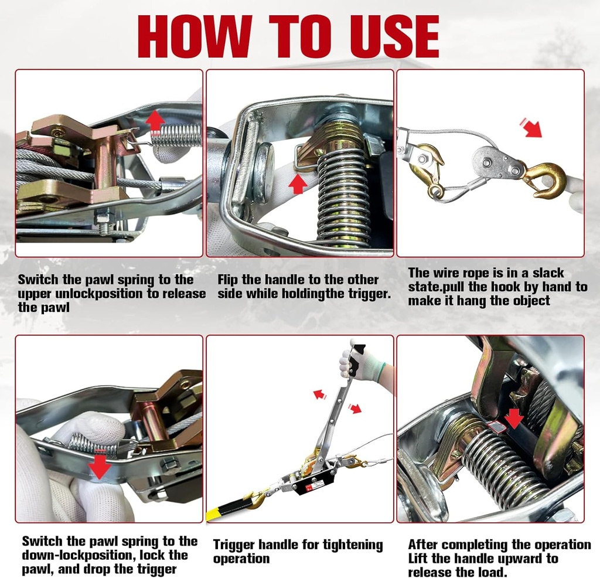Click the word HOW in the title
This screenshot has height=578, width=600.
194,36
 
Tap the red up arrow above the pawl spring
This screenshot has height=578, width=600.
155,120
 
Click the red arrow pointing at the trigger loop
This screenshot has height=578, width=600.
298,183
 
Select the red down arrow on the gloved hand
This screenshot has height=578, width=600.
100,466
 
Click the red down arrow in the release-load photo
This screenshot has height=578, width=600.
514,418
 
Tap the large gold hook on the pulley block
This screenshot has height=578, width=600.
544,178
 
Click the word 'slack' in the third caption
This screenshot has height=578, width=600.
545,273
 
